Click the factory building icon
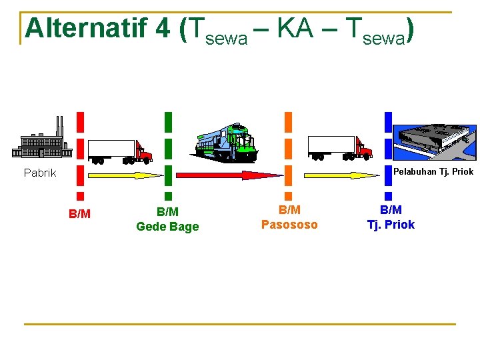[45, 141]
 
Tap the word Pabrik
[40, 173]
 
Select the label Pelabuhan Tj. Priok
[433, 172]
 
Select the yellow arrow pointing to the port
[341, 175]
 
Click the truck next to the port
[339, 148]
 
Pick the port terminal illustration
[435, 141]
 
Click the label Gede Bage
[167, 227]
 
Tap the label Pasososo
[289, 225]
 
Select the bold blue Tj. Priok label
[391, 225]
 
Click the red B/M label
[80, 214]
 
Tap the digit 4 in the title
[163, 29]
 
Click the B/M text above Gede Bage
[167, 212]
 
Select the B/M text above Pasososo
[289, 211]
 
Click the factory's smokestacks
[60, 125]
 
